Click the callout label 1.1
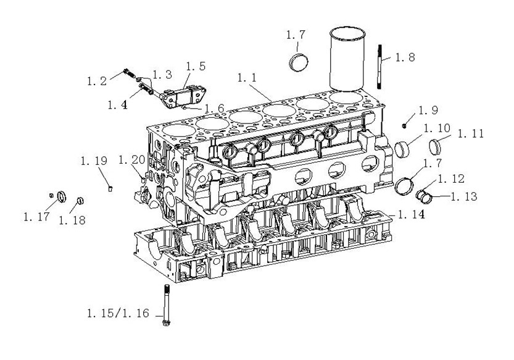(247, 78)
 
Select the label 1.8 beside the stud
(405, 57)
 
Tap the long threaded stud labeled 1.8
(380, 67)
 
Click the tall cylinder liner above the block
(347, 59)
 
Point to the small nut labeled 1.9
(404, 125)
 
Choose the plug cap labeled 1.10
(402, 149)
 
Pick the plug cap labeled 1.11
(436, 147)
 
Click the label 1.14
(412, 215)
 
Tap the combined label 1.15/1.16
(118, 314)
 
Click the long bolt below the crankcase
(166, 305)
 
